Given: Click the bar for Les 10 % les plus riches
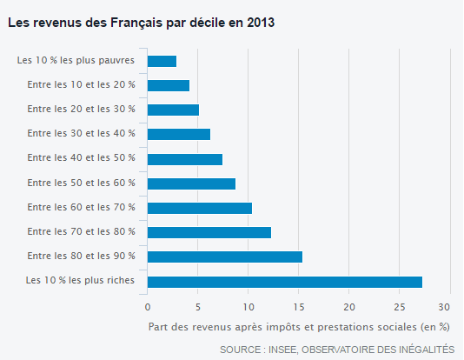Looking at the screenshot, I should pos(285,282).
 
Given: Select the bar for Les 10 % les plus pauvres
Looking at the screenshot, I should pos(162,61).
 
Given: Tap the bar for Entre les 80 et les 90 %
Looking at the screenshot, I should pos(225,257).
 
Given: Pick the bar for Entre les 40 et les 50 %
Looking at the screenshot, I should pos(185,159).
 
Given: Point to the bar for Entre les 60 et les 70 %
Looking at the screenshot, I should pos(200,208).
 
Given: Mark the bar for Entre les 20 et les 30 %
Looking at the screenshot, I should pos(173,110).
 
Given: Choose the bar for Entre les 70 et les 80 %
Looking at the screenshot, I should pos(209,232).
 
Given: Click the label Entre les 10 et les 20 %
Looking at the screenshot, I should pos(82,84).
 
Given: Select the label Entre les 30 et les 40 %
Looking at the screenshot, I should pos(82,133).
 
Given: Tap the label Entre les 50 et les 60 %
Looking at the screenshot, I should pos(82,183).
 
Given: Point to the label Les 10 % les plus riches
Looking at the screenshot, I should pos(81,280).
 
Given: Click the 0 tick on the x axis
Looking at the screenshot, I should pos(148,307).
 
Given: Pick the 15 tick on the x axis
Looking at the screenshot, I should pos(299,307).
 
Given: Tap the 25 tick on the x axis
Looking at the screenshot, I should pos(400,307).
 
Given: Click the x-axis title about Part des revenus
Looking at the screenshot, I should pos(298,327).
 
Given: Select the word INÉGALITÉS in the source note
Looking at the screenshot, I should pos(424,348).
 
